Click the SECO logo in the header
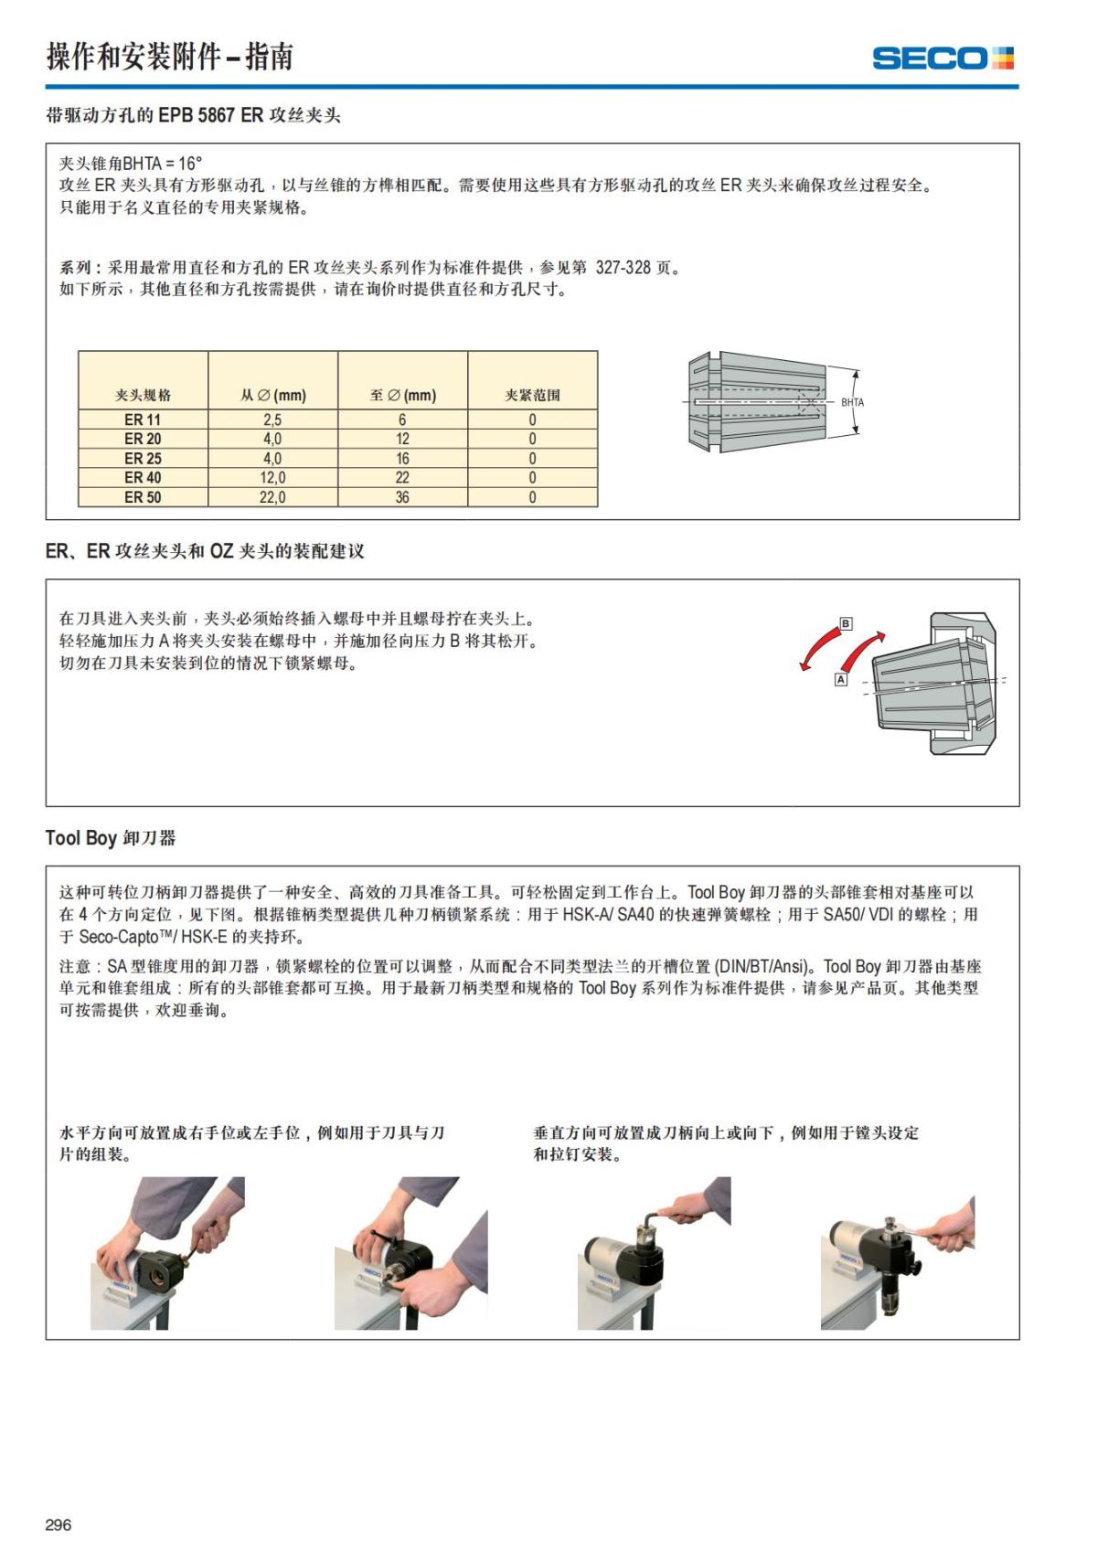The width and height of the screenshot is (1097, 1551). (943, 58)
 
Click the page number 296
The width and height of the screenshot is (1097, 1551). (58, 1524)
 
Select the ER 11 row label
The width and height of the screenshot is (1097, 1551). (143, 420)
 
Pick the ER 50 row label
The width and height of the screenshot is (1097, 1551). (143, 497)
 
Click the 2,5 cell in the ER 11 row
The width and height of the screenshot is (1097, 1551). (272, 420)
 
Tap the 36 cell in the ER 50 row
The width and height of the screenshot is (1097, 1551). (402, 497)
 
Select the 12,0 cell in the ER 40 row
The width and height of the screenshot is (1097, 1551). (272, 478)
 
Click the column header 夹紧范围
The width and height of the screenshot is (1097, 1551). (532, 395)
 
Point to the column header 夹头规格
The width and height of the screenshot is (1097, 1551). (143, 395)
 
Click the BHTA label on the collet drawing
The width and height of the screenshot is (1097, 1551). (852, 402)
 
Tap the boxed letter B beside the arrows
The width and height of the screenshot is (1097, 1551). (846, 623)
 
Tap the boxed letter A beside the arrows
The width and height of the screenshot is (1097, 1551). (841, 680)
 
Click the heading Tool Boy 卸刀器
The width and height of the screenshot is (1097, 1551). (111, 838)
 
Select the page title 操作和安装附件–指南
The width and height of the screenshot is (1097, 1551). (170, 57)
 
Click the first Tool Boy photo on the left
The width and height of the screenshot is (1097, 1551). (167, 1252)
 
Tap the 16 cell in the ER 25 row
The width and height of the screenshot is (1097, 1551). (402, 459)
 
